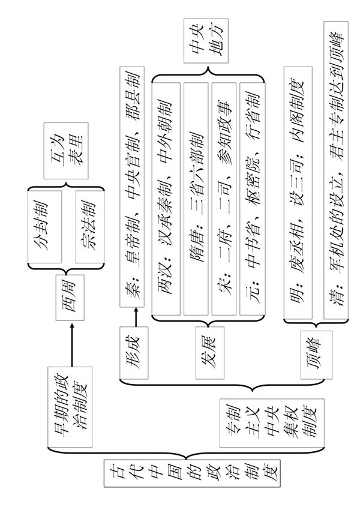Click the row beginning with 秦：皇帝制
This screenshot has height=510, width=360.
pyautogui.click(x=134, y=189)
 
